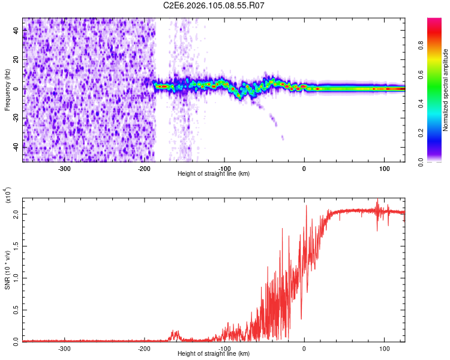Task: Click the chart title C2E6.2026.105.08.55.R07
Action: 214,6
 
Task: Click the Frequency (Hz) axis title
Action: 7,89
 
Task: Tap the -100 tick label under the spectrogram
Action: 224,169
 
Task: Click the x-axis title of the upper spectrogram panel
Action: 214,174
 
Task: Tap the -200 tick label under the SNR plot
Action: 144,348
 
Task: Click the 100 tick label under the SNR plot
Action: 384,348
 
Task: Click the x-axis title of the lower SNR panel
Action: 214,354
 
